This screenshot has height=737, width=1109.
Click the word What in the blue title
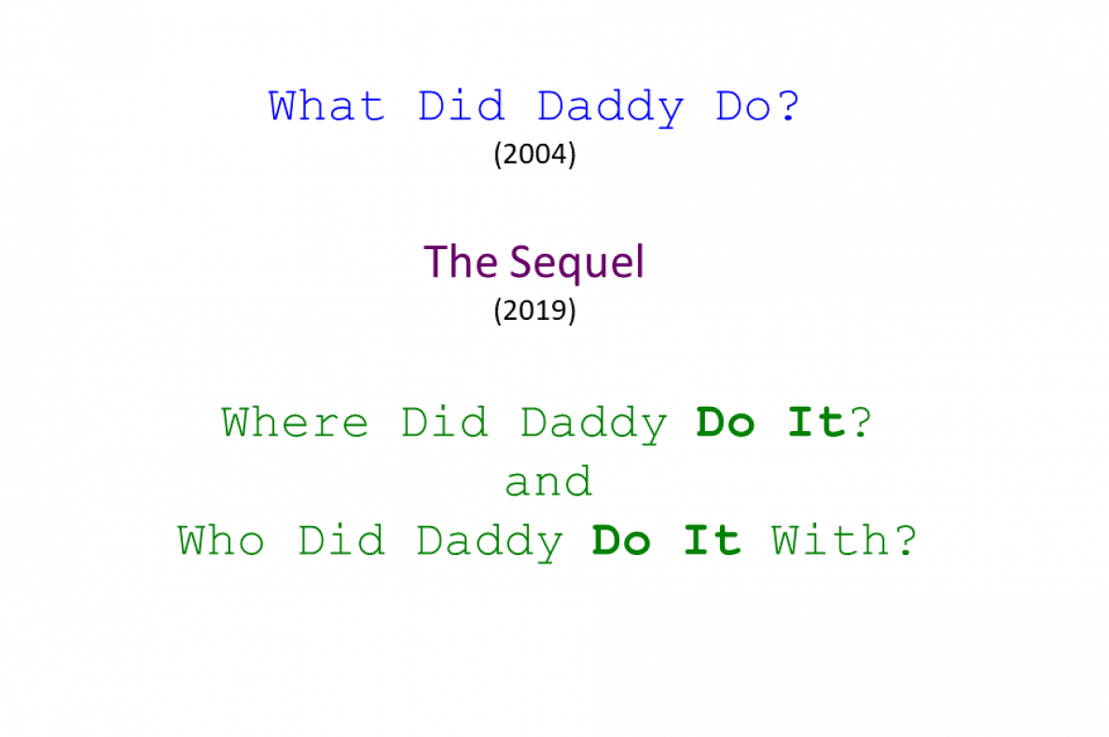(326, 106)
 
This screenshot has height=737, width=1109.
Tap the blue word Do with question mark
(757, 106)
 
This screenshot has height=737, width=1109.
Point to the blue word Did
(461, 106)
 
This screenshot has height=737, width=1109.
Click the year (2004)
(534, 154)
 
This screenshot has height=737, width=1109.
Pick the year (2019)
(534, 310)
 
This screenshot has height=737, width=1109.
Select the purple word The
(461, 262)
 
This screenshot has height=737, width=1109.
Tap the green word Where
(295, 423)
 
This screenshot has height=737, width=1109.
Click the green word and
(548, 482)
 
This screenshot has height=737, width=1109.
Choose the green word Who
(221, 541)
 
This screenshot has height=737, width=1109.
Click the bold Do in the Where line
(726, 423)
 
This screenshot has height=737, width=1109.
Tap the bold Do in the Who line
(621, 541)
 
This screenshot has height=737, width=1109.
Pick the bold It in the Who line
(713, 541)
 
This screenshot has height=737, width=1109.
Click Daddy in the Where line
(594, 424)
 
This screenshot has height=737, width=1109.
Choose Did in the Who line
(341, 541)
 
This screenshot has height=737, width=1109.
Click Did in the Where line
(445, 423)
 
